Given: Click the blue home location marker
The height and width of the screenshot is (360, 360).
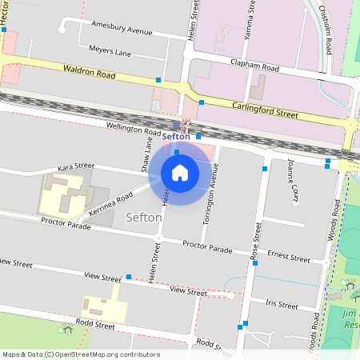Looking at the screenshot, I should pyautogui.click(x=180, y=172).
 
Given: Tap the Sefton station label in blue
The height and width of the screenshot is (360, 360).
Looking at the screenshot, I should pyautogui.click(x=176, y=137).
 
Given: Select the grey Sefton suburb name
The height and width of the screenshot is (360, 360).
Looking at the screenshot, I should pyautogui.click(x=144, y=217).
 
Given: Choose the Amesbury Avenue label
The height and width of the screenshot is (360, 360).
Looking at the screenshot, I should pyautogui.click(x=122, y=31).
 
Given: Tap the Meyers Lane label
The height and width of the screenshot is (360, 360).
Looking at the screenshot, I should pyautogui.click(x=110, y=52).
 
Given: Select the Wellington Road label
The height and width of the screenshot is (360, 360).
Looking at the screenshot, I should pyautogui.click(x=132, y=128).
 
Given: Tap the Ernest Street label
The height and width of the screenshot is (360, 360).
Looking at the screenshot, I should pyautogui.click(x=289, y=258).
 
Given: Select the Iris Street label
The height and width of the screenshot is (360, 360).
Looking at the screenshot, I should pyautogui.click(x=282, y=305).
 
